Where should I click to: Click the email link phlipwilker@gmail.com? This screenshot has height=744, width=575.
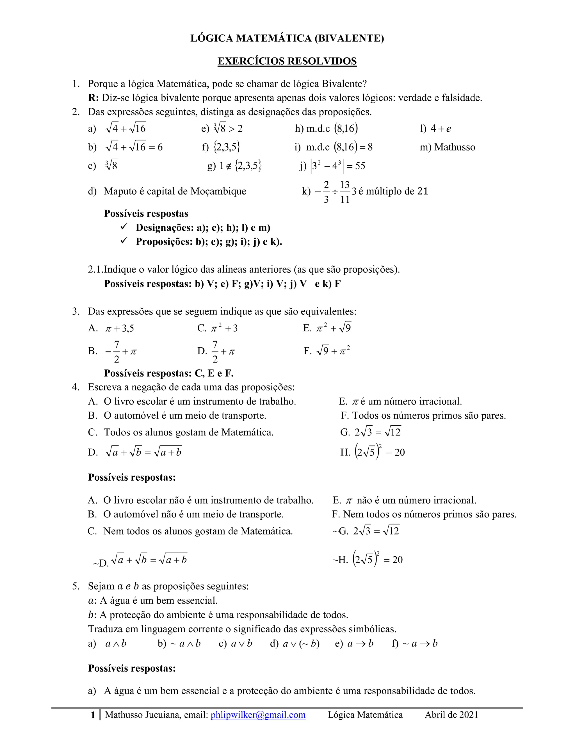[258, 715]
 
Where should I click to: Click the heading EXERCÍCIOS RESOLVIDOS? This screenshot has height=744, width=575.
[287, 61]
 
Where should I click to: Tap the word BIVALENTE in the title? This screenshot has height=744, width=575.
[350, 38]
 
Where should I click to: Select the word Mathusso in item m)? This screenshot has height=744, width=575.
[455, 147]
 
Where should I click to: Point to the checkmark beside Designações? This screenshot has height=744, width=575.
[124, 227]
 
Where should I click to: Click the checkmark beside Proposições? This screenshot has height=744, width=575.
[124, 241]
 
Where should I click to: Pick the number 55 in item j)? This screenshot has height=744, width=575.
[360, 166]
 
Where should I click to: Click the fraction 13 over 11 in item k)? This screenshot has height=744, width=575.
[345, 192]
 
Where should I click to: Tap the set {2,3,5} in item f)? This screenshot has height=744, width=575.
[227, 147]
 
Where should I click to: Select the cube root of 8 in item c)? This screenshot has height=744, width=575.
[111, 166]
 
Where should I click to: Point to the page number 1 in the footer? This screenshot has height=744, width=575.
[93, 715]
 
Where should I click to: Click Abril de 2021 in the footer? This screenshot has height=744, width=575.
[451, 715]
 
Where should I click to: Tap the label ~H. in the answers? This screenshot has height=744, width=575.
[340, 560]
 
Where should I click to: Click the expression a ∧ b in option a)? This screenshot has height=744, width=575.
[116, 643]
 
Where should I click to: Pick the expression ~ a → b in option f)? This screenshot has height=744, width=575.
[420, 643]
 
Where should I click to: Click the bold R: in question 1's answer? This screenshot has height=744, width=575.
[93, 98]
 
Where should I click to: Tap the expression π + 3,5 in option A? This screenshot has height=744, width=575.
[120, 328]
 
